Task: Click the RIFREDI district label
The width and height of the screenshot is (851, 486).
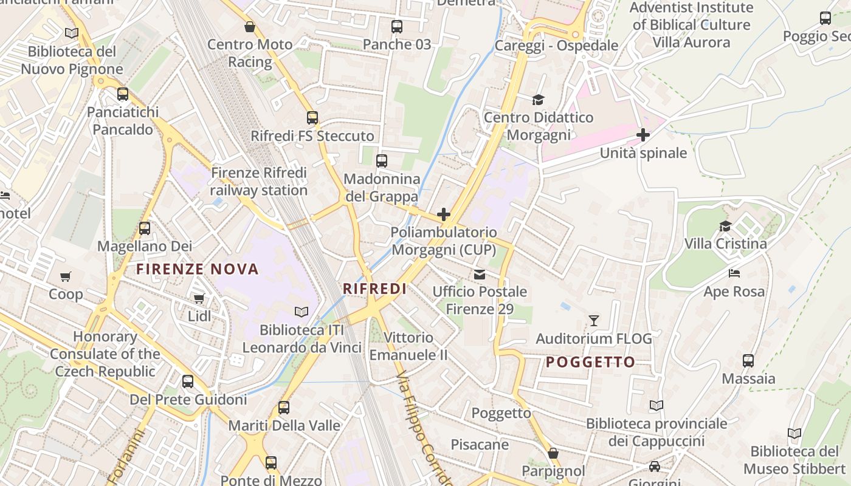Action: [374, 289]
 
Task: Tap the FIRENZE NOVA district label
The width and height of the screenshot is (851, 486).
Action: [198, 269]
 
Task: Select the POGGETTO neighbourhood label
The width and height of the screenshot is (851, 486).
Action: [590, 362]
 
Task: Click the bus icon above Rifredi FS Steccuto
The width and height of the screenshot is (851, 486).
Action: [312, 118]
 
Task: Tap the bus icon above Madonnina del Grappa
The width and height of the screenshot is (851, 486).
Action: [382, 161]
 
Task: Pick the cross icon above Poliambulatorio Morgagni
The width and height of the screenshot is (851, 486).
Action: [444, 214]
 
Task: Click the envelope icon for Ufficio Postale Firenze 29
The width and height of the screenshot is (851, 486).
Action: [480, 274]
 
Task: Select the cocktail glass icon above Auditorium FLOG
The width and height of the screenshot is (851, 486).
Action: [594, 320]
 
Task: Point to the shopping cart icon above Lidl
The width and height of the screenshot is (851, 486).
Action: [199, 298]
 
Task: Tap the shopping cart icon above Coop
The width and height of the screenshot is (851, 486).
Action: [66, 276]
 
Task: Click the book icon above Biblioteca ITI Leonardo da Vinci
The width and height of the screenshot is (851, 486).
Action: [301, 312]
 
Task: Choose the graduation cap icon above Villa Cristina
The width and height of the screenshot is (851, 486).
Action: [725, 227]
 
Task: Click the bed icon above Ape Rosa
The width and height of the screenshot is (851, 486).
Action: [734, 273]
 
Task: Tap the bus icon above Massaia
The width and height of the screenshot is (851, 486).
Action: [748, 360]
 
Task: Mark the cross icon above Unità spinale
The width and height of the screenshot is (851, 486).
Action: [643, 135]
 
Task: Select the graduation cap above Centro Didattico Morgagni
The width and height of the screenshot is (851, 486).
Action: [538, 100]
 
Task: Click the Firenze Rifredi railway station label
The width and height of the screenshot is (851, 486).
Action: [259, 182]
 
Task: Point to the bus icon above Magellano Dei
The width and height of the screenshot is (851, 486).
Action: [145, 228]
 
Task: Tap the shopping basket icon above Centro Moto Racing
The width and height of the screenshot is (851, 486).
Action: [250, 27]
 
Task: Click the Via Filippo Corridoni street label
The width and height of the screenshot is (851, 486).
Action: [424, 428]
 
